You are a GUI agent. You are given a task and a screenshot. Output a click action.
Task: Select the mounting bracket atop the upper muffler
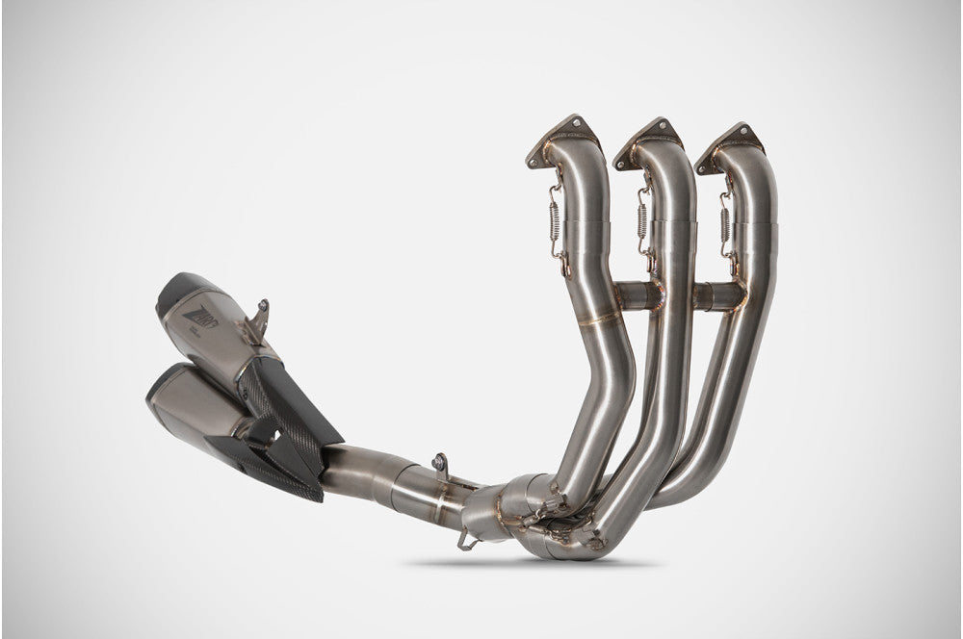pyautogui.click(x=257, y=322)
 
